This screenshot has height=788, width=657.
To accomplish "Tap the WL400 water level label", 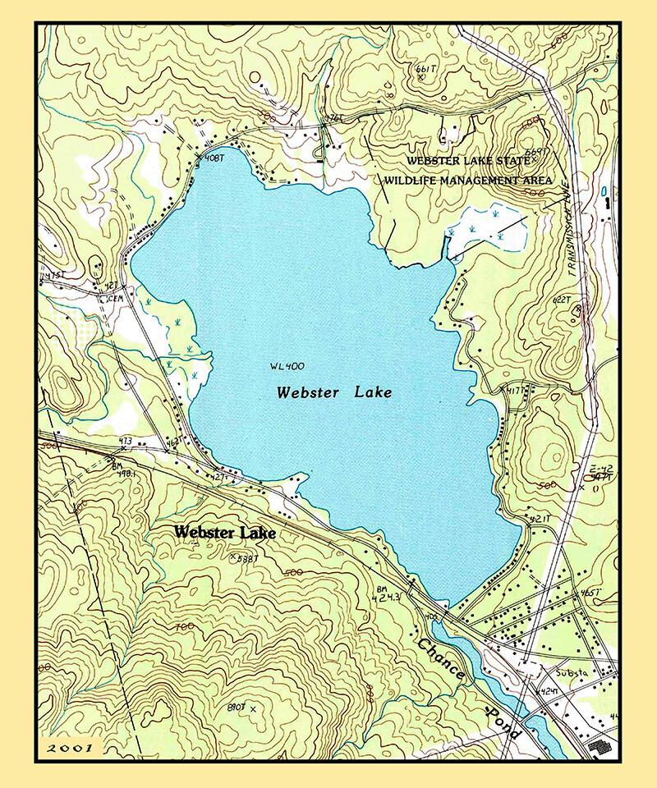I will point(285,366).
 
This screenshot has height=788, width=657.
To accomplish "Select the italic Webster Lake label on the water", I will point(334,393).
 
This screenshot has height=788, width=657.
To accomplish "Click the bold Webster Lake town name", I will point(224,533).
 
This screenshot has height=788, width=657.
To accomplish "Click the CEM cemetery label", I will point(112,300).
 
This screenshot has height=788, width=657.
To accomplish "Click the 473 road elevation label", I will point(125,442).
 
